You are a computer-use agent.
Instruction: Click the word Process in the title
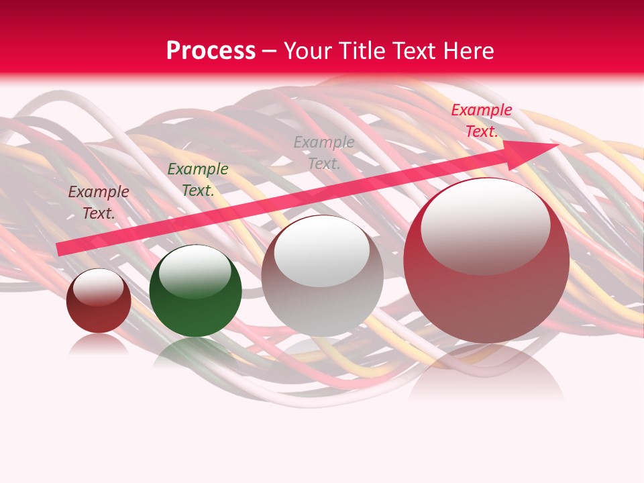click(x=211, y=50)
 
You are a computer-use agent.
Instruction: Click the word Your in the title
click(x=309, y=50)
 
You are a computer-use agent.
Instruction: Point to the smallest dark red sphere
click(x=99, y=301)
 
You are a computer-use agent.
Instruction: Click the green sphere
click(x=195, y=291)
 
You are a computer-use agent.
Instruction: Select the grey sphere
click(x=322, y=276)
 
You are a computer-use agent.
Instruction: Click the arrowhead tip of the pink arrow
click(x=558, y=144)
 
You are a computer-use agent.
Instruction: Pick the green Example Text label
click(x=197, y=180)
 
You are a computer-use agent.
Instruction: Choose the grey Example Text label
click(x=324, y=152)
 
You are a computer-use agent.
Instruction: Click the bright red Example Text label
click(x=481, y=121)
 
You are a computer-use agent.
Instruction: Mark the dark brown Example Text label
click(x=99, y=203)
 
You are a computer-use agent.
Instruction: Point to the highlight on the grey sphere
click(x=321, y=251)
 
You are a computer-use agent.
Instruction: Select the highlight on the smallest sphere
click(x=98, y=287)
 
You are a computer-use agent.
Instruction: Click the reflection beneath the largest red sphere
click(x=486, y=372)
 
